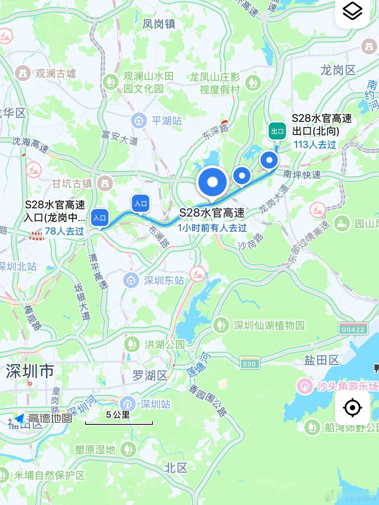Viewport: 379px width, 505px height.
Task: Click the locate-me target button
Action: (352, 408)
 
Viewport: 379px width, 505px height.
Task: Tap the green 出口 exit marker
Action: (277, 131)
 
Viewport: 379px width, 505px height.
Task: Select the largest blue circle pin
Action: (212, 182)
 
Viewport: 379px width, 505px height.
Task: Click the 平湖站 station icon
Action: (139, 120)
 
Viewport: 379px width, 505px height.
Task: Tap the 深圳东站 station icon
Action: (131, 280)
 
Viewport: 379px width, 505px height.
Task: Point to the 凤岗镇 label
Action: (159, 24)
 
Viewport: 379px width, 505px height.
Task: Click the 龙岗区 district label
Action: (338, 70)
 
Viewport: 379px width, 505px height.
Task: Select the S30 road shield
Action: (249, 364)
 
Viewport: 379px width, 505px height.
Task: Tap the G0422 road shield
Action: (353, 329)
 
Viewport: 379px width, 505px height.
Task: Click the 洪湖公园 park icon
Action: (132, 344)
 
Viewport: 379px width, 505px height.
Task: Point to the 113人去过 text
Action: (315, 144)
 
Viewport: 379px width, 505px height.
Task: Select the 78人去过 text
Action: (64, 231)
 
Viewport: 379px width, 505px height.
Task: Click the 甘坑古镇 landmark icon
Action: (105, 184)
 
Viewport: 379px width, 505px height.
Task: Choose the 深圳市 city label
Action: (30, 371)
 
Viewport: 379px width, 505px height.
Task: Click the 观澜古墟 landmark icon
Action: (23, 73)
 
